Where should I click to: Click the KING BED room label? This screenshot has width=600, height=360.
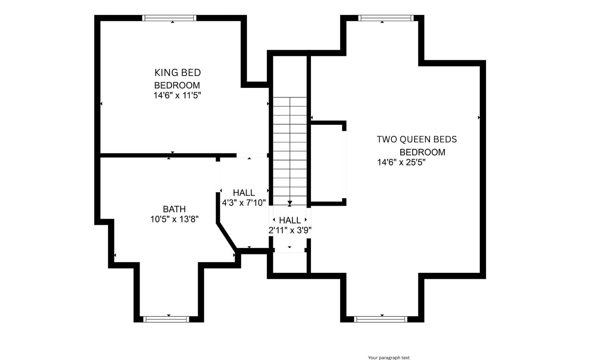coord(177,73)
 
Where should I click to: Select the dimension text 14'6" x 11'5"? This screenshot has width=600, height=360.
coord(177,96)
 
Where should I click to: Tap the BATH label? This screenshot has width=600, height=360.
coord(174,209)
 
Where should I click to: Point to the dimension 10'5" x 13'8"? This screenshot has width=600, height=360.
coord(174,220)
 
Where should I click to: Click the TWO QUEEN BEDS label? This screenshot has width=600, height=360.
coord(417,139)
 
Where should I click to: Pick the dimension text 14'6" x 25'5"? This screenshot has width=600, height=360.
coord(401,162)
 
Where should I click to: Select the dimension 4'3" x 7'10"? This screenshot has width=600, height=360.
coord(244,203)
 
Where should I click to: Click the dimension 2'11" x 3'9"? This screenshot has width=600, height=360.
coord(290,230)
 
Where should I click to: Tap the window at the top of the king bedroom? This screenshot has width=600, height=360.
coord(169,18)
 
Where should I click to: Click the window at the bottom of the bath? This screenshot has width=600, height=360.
coord(166,319)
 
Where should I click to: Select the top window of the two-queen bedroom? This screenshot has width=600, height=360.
coord(386,18)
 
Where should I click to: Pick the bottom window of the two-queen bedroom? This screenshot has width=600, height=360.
coord(380,319)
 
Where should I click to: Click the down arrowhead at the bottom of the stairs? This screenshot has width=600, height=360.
coord(290,203)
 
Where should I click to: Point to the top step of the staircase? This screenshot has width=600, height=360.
coord(290,102)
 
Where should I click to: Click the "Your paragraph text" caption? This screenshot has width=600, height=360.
coord(388,358)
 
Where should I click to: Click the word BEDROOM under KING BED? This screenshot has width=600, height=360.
coord(177,85)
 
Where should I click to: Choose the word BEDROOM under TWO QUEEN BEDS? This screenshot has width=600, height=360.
coord(422,152)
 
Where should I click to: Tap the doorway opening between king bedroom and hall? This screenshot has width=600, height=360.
coord(252,155)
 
